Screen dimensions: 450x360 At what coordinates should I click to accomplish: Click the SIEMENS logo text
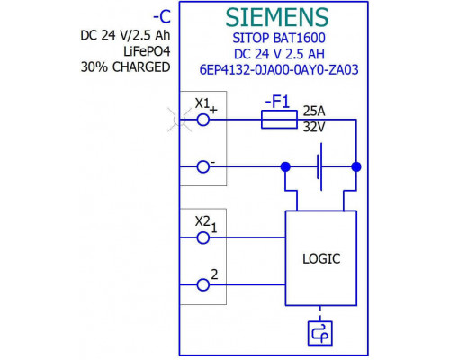277,17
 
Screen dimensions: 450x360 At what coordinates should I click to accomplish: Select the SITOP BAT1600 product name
279,38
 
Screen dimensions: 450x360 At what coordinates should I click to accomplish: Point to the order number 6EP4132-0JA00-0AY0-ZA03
279,70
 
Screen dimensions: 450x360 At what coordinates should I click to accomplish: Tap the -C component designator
162,17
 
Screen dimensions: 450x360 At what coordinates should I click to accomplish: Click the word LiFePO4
147,51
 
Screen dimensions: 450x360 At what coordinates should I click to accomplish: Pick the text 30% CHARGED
125,67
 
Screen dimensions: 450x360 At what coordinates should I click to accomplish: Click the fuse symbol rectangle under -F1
279,120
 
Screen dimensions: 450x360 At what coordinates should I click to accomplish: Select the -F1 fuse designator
277,102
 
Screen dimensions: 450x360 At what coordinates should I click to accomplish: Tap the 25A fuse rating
314,112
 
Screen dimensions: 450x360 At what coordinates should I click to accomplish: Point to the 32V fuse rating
314,127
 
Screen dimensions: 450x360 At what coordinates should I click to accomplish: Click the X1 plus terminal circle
203,120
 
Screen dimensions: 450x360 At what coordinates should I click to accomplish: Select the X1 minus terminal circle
203,166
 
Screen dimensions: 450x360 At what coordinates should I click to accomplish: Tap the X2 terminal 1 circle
203,238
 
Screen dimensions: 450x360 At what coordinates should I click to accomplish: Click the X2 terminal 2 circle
203,284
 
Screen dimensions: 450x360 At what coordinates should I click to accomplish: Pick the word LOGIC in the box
321,259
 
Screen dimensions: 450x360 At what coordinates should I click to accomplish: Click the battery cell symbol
319,166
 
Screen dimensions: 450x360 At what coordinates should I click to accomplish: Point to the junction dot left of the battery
285,166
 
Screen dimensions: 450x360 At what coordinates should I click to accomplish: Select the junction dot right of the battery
356,166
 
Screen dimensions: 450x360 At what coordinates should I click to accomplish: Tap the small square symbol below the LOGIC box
320,333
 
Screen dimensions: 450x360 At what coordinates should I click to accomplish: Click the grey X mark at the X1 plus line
180,120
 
